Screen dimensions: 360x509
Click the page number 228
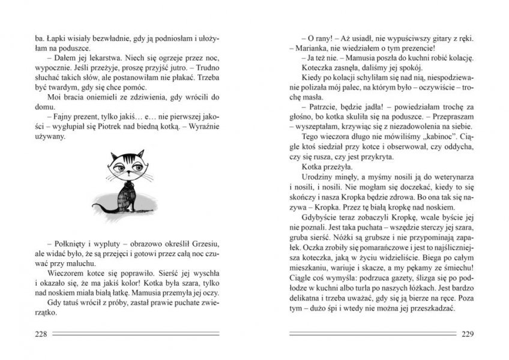(44, 334)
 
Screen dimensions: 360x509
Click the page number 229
(466, 334)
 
